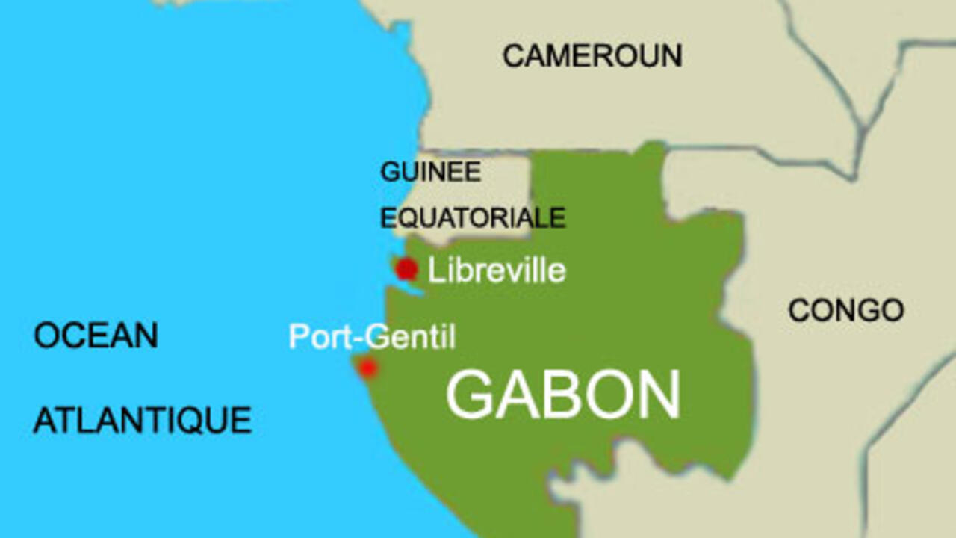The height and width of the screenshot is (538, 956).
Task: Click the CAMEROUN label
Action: (592, 56)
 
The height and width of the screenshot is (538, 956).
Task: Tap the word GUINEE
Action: (431, 173)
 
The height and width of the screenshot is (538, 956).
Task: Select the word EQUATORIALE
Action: (473, 217)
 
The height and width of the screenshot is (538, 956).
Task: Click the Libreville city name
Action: (497, 270)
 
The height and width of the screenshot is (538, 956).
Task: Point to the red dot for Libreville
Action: (406, 269)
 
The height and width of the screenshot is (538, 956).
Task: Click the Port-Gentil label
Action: (372, 337)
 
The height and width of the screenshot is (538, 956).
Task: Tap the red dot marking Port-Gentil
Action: (367, 368)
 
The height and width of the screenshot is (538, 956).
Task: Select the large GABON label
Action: (563, 395)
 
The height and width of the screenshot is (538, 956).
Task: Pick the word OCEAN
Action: (96, 336)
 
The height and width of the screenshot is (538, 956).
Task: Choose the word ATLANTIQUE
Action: (143, 421)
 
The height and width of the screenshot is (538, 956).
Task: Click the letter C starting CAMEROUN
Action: (513, 56)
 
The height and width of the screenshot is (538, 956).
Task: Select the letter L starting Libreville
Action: (434, 270)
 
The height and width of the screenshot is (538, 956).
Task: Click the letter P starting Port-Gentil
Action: (297, 337)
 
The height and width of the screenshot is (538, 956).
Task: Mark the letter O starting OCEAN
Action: (46, 336)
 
